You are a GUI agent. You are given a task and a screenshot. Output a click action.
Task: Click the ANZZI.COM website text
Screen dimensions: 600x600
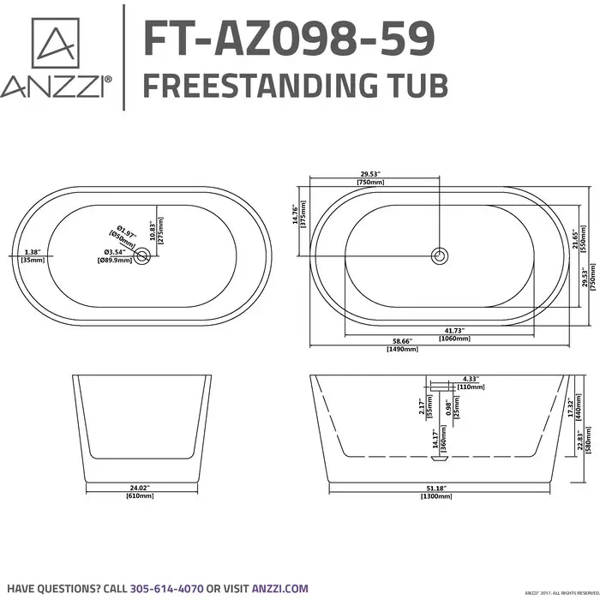(279, 588)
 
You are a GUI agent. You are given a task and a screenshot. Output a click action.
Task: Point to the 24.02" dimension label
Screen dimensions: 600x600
(140, 489)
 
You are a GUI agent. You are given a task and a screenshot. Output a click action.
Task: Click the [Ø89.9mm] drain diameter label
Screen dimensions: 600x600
(114, 260)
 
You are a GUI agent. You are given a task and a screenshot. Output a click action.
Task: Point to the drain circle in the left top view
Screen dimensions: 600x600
(143, 255)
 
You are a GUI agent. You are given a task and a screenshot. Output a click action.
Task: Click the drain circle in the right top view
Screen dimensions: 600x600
(440, 255)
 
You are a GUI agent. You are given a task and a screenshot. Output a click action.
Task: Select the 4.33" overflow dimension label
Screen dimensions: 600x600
(469, 378)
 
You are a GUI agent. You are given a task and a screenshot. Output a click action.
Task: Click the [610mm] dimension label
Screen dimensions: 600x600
(140, 496)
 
